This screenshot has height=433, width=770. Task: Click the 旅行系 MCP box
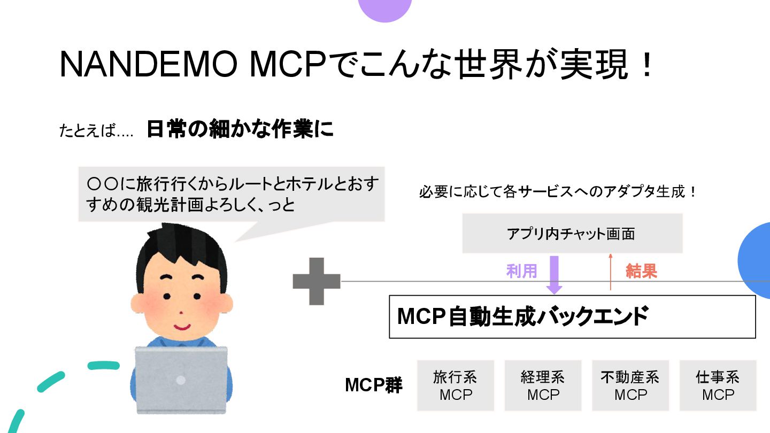click(x=455, y=385)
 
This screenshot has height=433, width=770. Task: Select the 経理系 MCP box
click(x=543, y=385)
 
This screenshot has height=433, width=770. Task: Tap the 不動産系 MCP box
click(x=630, y=385)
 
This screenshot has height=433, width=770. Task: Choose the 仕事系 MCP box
click(x=718, y=385)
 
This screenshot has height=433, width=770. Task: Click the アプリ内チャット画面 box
click(x=572, y=234)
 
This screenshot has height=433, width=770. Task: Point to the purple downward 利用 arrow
click(x=555, y=274)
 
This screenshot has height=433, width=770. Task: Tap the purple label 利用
click(x=521, y=272)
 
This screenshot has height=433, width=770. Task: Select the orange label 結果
click(x=641, y=272)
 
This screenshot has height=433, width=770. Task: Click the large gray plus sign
click(x=317, y=281)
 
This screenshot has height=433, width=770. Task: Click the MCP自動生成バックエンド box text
click(x=522, y=316)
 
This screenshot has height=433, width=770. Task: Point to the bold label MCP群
click(x=373, y=385)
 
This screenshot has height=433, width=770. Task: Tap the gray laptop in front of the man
click(x=181, y=380)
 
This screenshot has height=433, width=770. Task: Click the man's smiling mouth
click(x=182, y=326)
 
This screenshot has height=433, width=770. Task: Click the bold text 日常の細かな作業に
click(x=240, y=130)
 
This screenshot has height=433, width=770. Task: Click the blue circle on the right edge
click(x=755, y=260)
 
